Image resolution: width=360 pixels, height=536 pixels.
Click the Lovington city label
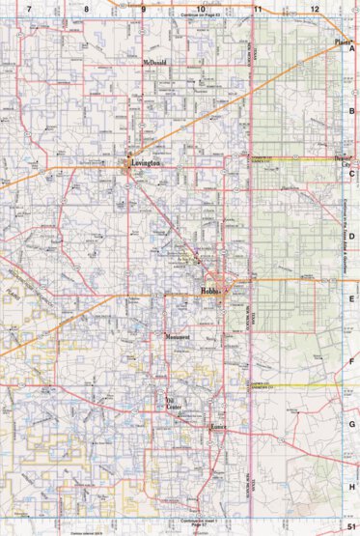click(x=141, y=165)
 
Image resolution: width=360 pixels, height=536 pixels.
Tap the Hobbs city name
click(x=211, y=291)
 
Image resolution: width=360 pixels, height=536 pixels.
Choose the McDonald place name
click(x=154, y=63)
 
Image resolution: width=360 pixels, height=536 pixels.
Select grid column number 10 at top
click(x=200, y=8)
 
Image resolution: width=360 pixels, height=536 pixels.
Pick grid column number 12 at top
click(x=315, y=8)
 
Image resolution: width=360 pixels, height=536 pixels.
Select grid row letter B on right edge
click(x=353, y=110)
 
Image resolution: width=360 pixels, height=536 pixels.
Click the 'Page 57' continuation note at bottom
click(x=200, y=522)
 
